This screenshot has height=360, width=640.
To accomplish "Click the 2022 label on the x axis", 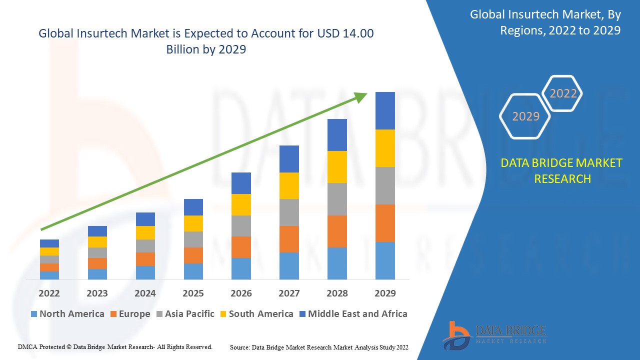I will click(x=49, y=293).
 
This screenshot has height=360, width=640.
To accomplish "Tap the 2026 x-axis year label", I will click(x=241, y=293).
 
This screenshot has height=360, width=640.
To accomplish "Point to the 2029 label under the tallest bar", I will click(x=385, y=293).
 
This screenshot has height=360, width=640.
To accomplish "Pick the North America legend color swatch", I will click(x=34, y=314).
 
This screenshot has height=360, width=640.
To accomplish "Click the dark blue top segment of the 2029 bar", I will click(x=385, y=110).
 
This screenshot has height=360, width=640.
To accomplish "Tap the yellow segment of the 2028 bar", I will click(x=337, y=166).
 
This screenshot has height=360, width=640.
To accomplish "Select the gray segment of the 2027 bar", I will click(x=289, y=212).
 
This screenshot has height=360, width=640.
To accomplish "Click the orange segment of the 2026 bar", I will click(x=241, y=247).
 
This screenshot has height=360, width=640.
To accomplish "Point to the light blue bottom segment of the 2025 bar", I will click(x=193, y=271).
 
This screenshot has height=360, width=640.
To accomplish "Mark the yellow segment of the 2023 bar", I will click(x=97, y=242).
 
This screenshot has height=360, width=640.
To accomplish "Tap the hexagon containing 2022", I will click(x=563, y=93).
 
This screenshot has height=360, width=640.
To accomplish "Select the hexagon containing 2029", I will click(x=525, y=116).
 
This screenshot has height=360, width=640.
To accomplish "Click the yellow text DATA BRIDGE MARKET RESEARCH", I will click(x=562, y=170).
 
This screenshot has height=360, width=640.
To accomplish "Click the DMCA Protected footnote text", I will click(x=115, y=346).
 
